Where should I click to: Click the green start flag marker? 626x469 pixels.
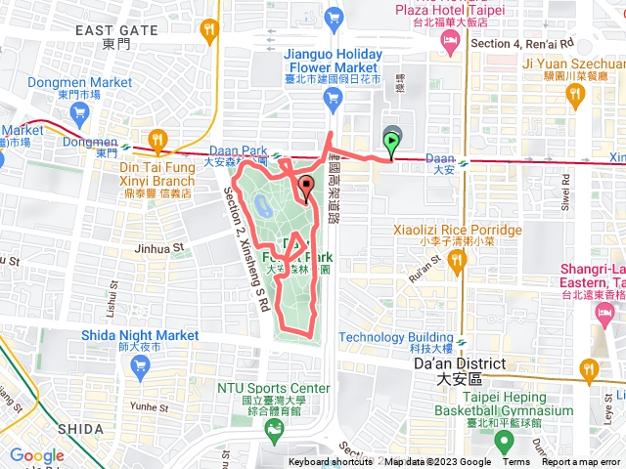(x=393, y=146)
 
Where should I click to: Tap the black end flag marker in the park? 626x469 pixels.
(x=306, y=188)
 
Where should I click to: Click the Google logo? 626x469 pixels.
(x=36, y=455)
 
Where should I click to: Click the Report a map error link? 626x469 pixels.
(x=581, y=463)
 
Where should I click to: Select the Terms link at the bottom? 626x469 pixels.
(x=516, y=463)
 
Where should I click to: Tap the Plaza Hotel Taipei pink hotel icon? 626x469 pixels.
(x=451, y=40)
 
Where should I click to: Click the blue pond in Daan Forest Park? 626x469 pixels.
(x=263, y=205)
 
